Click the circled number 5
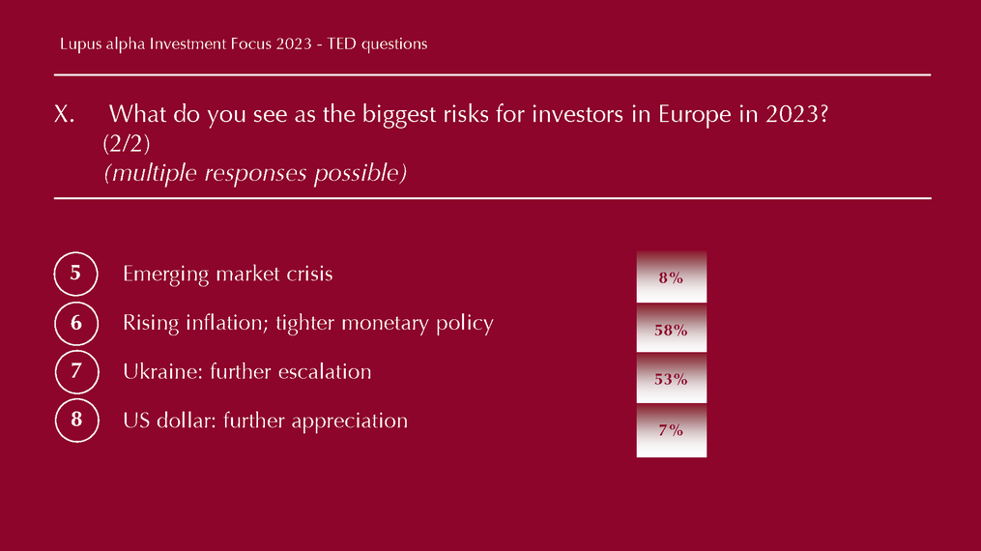coord(75,274)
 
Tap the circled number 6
coord(76,323)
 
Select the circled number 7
coord(77,371)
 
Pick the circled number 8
coord(77,420)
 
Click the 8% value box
coord(672,277)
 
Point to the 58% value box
coord(672,329)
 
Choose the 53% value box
coord(672,378)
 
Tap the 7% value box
coord(672,430)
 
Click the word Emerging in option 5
coord(166,275)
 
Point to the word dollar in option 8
coord(187,420)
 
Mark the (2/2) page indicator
coord(127,144)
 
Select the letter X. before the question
coord(64,114)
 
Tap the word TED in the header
coord(341,43)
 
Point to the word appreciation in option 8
coord(350,421)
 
